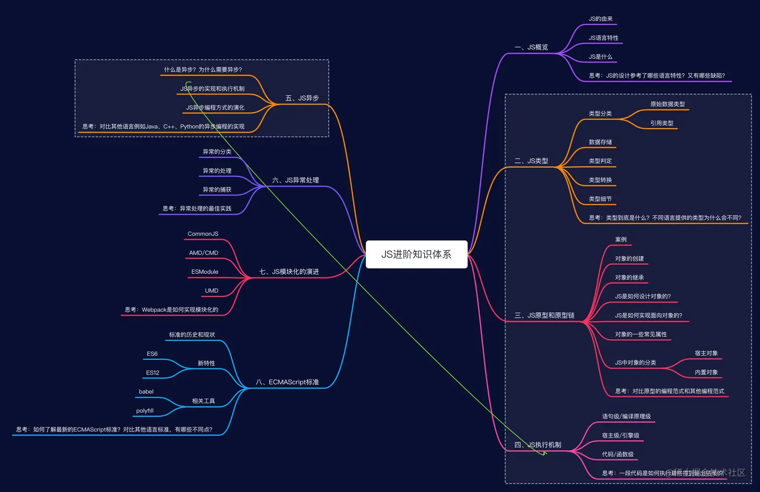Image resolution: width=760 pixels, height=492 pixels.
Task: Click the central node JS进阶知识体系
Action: coord(416,254)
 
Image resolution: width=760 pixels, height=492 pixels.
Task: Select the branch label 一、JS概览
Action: coord(531,47)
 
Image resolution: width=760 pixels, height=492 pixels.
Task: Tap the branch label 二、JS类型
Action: coord(531,161)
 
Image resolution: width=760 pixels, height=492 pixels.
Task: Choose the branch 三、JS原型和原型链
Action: coord(544,316)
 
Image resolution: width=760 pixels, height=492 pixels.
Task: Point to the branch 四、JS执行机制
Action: coord(538,445)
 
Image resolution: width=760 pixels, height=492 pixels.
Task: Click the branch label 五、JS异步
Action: coord(302,98)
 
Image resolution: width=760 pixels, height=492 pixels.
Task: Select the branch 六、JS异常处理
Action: coord(296,180)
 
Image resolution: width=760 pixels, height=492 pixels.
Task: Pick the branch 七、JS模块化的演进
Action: coord(289,272)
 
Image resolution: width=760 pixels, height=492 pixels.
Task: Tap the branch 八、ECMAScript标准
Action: coord(288,382)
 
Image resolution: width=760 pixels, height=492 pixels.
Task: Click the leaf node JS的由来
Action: coord(601,19)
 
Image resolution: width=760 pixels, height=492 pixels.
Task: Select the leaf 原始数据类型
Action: coord(668,104)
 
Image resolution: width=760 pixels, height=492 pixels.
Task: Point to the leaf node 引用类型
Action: coord(662,123)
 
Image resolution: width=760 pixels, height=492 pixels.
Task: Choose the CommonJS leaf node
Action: coord(203,234)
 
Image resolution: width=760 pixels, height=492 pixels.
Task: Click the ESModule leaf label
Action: coord(205,272)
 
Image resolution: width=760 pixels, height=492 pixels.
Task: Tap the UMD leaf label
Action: coord(212,290)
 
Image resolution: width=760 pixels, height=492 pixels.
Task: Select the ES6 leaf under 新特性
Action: coord(152,354)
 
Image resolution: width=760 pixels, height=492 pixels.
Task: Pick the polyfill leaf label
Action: coord(145,411)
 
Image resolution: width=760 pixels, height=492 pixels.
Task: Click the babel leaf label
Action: coord(146,391)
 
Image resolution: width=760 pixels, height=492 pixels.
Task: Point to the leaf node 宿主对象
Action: coord(706,353)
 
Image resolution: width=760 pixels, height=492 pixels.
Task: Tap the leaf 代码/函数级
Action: coord(618,454)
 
